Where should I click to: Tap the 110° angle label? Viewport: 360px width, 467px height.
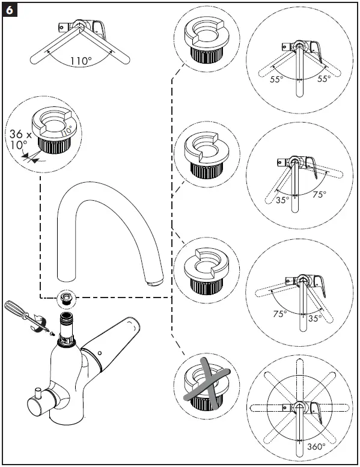(81, 61)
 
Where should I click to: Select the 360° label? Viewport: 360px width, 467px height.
(316, 447)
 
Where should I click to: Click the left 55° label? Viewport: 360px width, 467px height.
(277, 79)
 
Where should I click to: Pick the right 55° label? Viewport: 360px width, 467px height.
(324, 79)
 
